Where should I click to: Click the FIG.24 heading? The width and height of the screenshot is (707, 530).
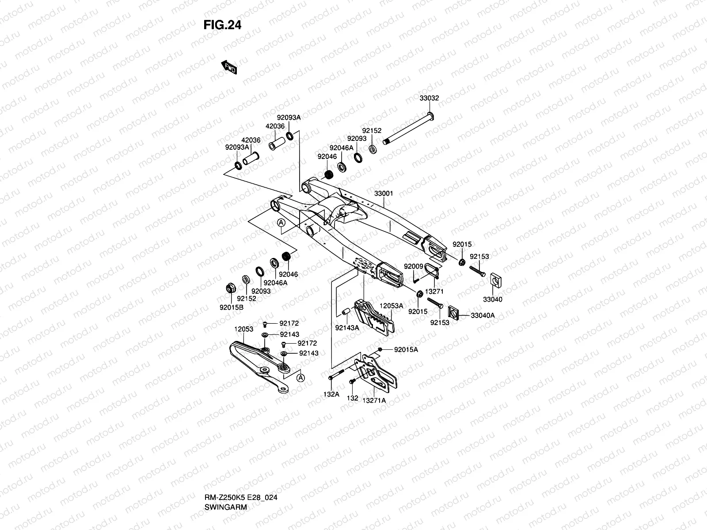[x=222, y=25]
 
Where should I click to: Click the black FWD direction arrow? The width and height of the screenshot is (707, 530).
[x=229, y=67]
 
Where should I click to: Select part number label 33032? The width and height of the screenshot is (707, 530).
[x=429, y=98]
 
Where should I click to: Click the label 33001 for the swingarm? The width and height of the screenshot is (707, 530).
[x=383, y=193]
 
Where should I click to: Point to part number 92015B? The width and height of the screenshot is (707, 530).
[x=232, y=307]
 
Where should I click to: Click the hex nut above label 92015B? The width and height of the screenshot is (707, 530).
[x=231, y=288]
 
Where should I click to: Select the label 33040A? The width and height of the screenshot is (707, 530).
[x=483, y=315]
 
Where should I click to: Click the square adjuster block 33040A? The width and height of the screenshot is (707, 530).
[x=453, y=313]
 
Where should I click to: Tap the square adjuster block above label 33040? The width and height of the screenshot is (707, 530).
[x=496, y=280]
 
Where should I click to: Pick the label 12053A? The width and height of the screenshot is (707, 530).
[x=392, y=306]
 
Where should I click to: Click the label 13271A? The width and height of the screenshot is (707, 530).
[x=374, y=400]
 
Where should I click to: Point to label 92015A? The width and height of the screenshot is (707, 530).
[x=406, y=349]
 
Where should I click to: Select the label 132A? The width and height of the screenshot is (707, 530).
[x=331, y=394]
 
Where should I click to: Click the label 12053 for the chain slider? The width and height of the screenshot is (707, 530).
[x=243, y=329]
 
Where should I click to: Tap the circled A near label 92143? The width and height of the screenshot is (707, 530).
[x=300, y=378]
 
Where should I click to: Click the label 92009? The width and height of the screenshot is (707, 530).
[x=414, y=266]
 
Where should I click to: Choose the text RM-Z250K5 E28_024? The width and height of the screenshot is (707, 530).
[x=241, y=497]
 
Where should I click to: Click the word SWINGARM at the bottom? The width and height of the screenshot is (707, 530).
[x=225, y=507]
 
